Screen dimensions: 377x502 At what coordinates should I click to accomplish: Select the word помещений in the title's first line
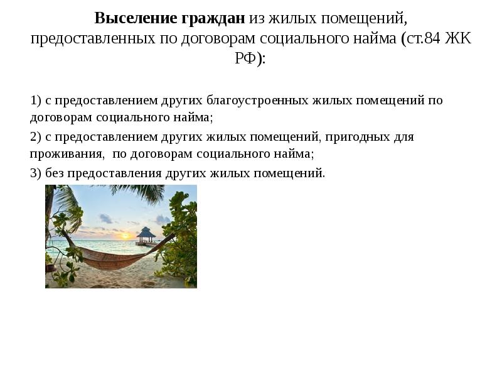coord(361,18)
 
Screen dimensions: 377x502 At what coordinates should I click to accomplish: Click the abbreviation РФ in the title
coord(247,59)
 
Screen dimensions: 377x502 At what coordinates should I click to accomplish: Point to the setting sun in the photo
coord(124,238)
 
